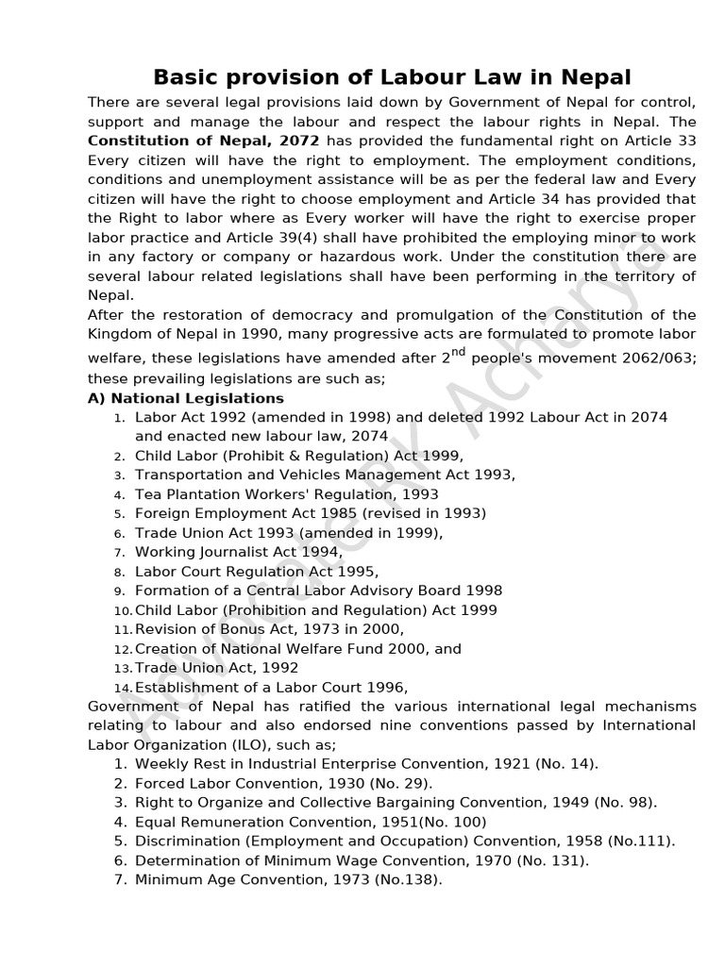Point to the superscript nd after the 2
[x=459, y=353]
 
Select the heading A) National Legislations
[x=186, y=398]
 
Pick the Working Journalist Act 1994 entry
[x=239, y=552]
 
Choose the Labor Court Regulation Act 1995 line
[x=256, y=572]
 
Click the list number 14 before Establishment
[x=123, y=688]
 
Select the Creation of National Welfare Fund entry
[x=297, y=649]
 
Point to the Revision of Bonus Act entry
[x=269, y=629]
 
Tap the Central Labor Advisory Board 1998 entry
[x=318, y=591]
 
